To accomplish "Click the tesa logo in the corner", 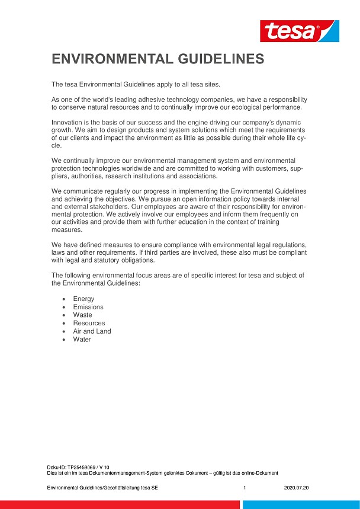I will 300,31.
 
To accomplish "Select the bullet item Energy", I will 83,299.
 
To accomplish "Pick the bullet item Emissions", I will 88,307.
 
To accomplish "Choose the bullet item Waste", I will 83,315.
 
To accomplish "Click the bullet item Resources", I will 89,323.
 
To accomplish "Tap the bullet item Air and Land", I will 92,331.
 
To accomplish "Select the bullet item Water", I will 82,340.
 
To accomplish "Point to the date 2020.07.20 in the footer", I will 297,488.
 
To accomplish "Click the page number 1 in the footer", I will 244,488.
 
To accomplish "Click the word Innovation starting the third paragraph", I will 68,122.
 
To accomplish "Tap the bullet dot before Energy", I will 63,299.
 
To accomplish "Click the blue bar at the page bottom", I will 301,504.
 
